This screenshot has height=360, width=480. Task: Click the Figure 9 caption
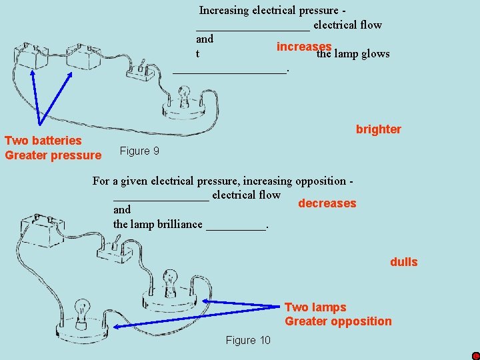pyautogui.click(x=139, y=151)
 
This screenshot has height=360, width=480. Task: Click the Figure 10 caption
pyautogui.click(x=248, y=341)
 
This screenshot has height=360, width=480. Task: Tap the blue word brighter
pyautogui.click(x=378, y=129)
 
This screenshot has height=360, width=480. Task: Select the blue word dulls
pyautogui.click(x=403, y=262)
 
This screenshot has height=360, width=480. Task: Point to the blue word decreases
pyautogui.click(x=327, y=203)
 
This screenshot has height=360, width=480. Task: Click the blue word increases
pyautogui.click(x=304, y=47)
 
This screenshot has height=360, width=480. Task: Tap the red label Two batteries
pyautogui.click(x=43, y=141)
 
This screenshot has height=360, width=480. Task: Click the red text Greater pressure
pyautogui.click(x=53, y=155)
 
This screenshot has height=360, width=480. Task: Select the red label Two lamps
pyautogui.click(x=315, y=307)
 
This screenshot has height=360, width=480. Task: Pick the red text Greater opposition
pyautogui.click(x=338, y=321)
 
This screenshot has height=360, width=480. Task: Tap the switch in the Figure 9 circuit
pyautogui.click(x=143, y=71)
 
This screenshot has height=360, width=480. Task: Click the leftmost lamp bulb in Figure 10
pyautogui.click(x=83, y=311)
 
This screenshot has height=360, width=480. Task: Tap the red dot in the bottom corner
pyautogui.click(x=475, y=355)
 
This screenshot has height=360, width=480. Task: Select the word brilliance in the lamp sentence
pyautogui.click(x=179, y=224)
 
